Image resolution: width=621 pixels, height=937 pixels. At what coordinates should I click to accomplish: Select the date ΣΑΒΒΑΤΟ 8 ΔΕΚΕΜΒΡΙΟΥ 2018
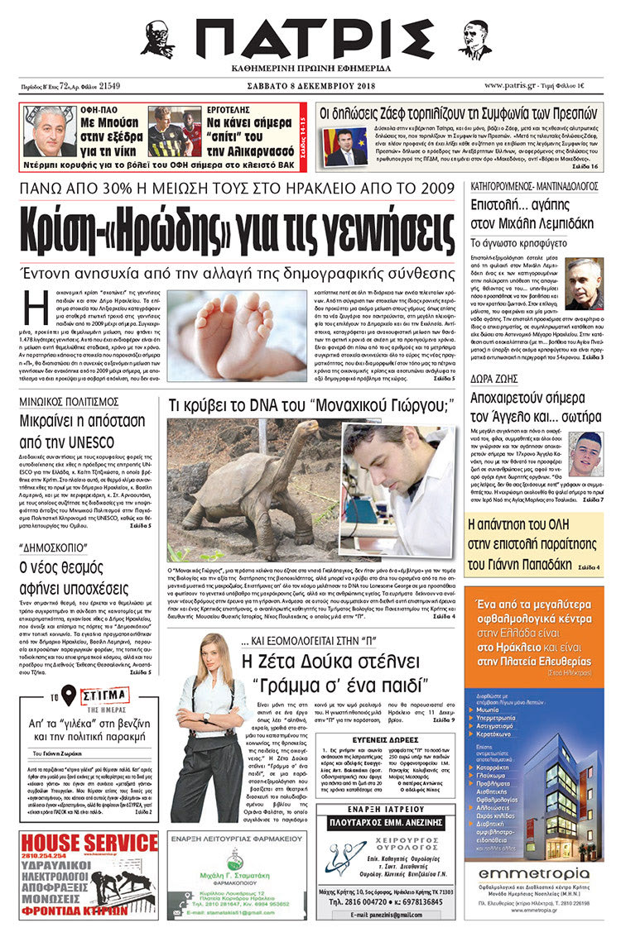tap(310, 85)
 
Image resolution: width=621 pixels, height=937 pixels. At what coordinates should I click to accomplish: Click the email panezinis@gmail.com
tap(388, 915)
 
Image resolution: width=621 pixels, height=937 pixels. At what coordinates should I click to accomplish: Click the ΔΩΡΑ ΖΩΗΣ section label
tap(495, 380)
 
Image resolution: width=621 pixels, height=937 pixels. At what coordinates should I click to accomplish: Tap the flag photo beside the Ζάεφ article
tap(346, 146)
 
